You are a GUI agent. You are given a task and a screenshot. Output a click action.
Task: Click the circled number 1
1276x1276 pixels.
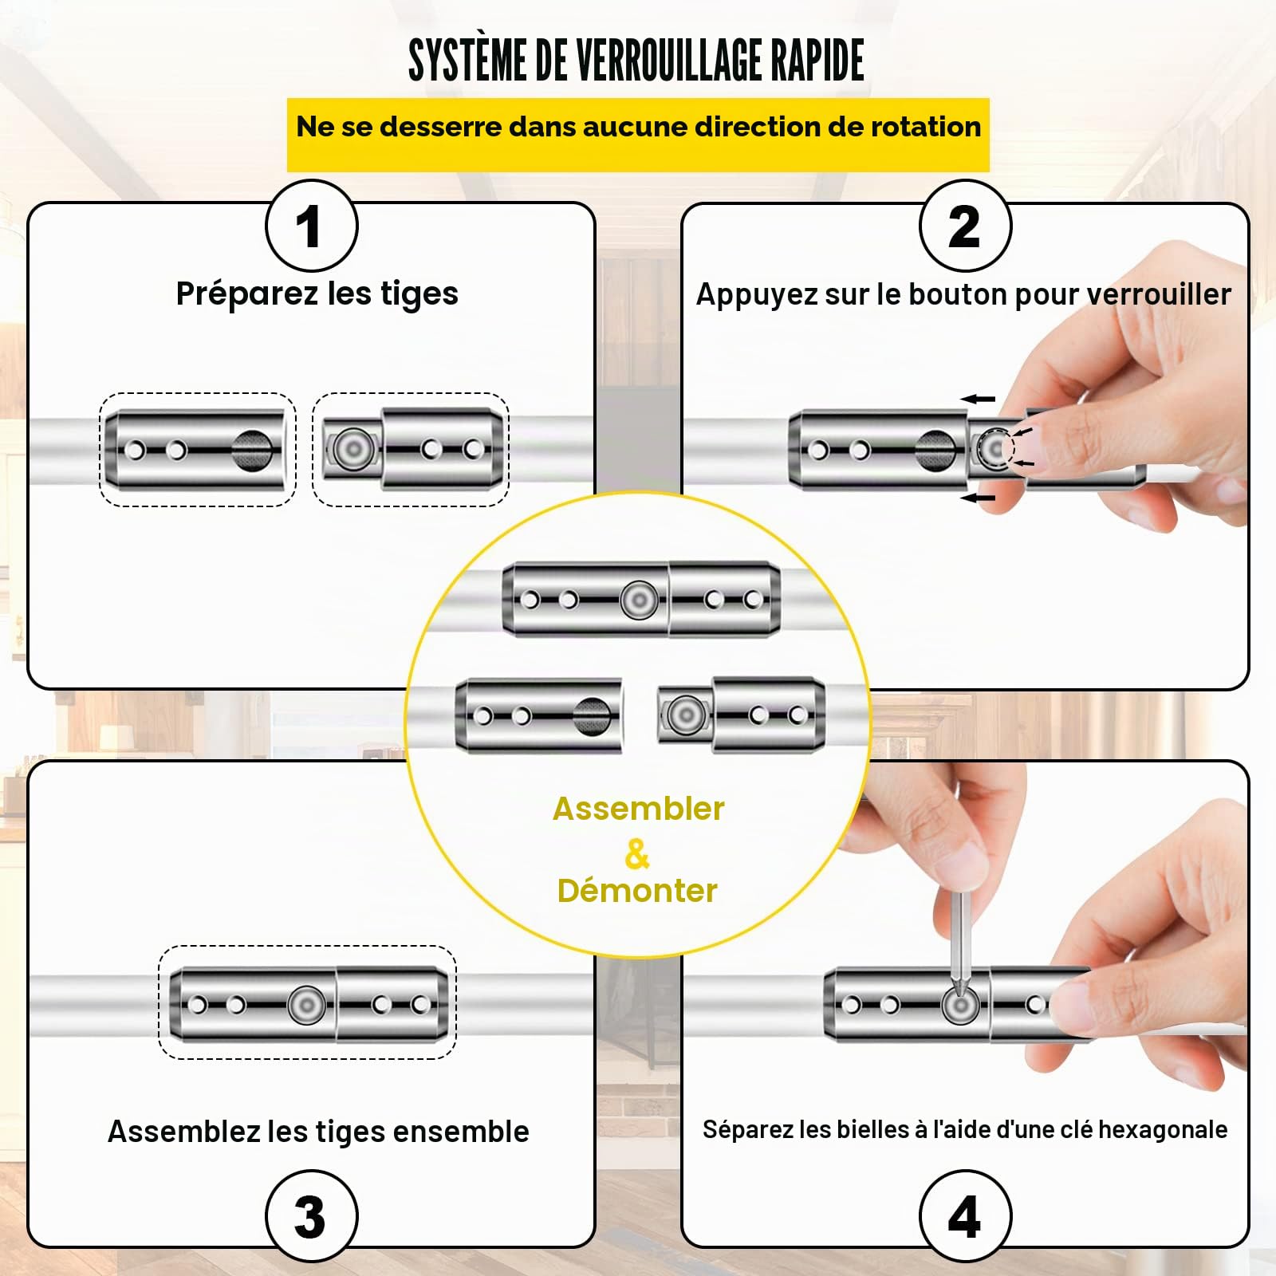click(311, 226)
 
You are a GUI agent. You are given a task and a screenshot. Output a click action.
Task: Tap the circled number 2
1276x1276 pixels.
click(965, 226)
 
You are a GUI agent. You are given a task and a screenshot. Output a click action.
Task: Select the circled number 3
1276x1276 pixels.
click(311, 1215)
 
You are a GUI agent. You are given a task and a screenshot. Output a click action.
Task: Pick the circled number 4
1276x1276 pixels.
click(965, 1215)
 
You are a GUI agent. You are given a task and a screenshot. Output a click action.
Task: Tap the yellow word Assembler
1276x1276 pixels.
click(638, 809)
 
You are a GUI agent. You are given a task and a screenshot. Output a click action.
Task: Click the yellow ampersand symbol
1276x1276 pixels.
click(637, 853)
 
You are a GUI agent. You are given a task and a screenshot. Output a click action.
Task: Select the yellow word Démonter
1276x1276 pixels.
click(637, 891)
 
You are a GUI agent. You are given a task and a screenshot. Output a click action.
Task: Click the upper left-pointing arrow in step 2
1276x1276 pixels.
click(978, 399)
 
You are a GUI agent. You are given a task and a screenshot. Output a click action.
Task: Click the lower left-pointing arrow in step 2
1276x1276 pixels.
click(978, 498)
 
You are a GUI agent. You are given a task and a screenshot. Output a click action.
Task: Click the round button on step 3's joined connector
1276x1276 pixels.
click(306, 1005)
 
